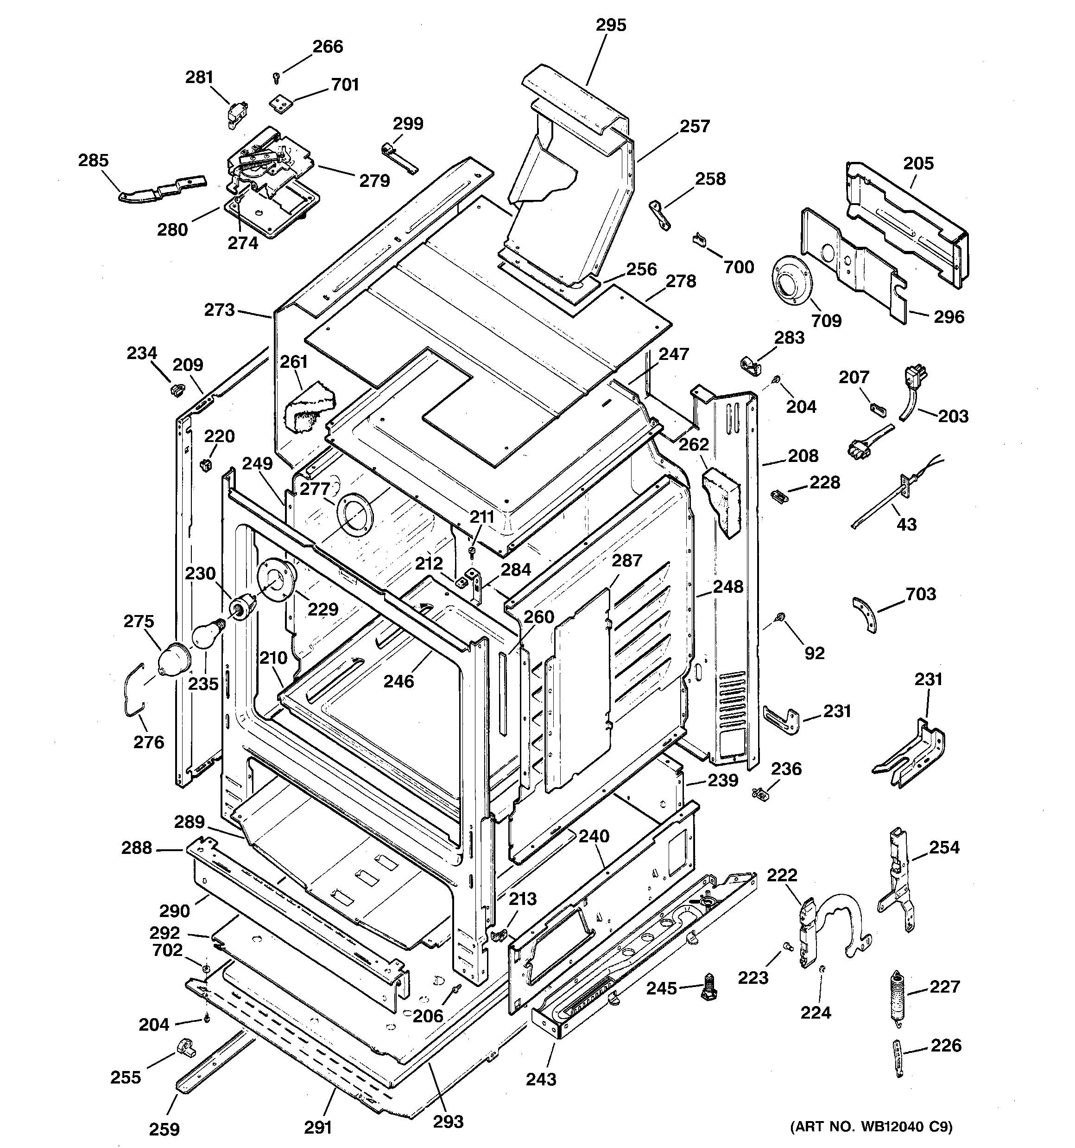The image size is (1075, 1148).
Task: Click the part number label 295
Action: click(611, 26)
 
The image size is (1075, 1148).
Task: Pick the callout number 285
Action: click(94, 160)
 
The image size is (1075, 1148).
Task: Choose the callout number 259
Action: click(164, 1129)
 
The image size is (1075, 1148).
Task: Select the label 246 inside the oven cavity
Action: click(399, 681)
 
